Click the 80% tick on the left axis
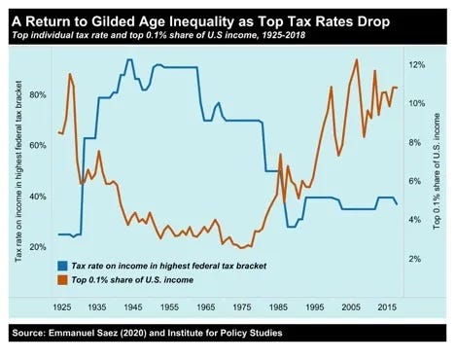click(38, 95)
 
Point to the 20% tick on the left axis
click(38, 247)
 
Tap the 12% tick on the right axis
click(417, 65)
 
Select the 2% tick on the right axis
click(414, 259)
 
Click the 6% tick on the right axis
click(414, 181)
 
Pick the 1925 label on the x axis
click(62, 306)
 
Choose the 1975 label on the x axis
click(242, 306)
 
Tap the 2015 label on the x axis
click(387, 306)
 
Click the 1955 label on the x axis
click(170, 306)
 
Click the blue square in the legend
click(62, 266)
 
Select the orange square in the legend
click(62, 280)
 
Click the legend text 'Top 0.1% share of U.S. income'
click(132, 280)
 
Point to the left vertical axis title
click(18, 171)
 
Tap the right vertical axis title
click(437, 171)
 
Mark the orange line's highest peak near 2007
click(357, 59)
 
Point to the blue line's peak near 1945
click(129, 59)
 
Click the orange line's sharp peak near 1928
click(69, 74)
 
